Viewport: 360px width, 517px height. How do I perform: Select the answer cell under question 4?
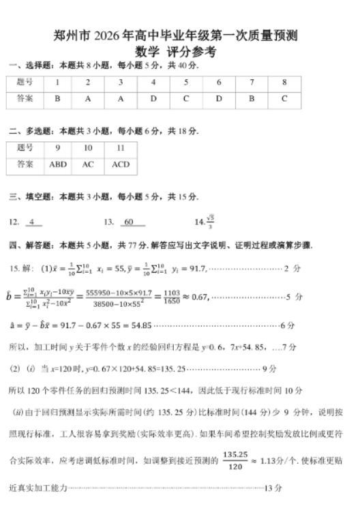click(x=153, y=98)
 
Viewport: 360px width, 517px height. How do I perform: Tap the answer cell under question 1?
click(x=58, y=98)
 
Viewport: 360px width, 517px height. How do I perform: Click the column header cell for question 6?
click(x=219, y=83)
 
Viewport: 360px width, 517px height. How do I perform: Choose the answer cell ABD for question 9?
click(x=58, y=164)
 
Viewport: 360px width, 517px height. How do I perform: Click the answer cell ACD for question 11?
click(x=121, y=164)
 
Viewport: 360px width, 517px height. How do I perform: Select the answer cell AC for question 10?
click(x=88, y=164)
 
